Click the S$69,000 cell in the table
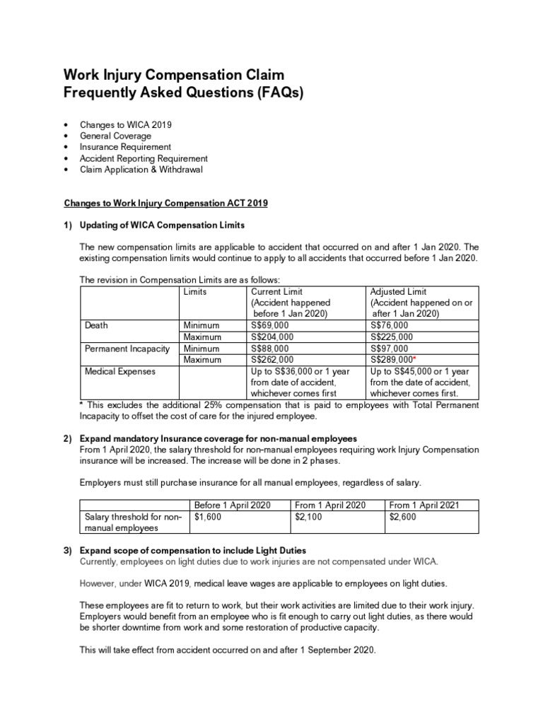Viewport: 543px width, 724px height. [269, 325]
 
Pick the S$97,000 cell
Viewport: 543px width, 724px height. [389, 348]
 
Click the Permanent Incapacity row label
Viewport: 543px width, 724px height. [124, 348]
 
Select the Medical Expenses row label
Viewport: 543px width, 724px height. [119, 370]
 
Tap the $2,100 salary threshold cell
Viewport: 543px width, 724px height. [309, 516]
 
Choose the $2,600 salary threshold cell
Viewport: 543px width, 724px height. [403, 516]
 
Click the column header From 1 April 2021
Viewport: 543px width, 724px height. [424, 505]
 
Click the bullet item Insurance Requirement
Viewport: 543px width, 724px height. [126, 147]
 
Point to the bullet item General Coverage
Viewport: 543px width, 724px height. [116, 136]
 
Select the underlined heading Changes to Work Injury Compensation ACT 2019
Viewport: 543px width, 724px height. [166, 203]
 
